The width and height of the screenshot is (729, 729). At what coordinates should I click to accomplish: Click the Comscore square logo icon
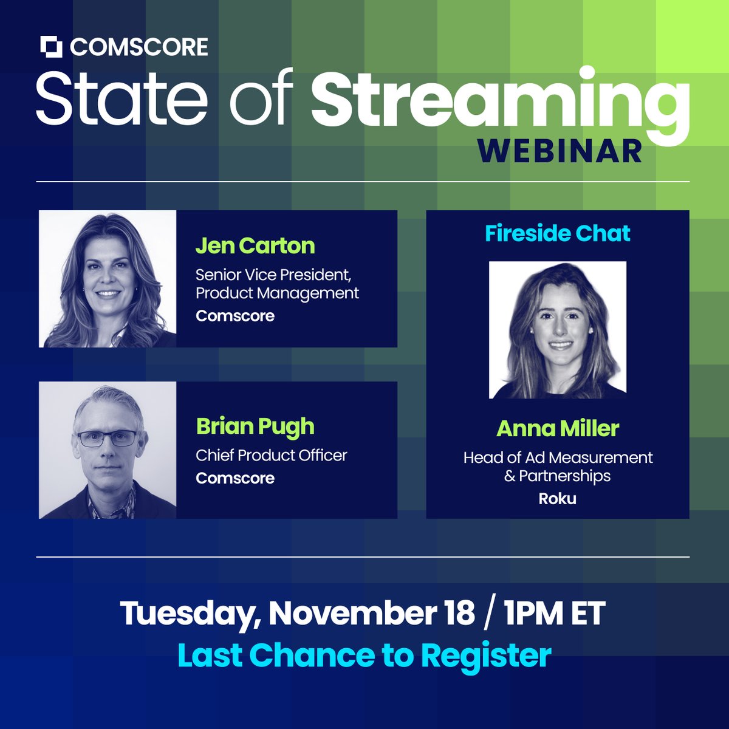point(52,47)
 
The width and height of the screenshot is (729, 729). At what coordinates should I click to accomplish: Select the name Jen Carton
point(255,245)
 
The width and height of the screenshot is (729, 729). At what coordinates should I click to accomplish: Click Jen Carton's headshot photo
point(108,279)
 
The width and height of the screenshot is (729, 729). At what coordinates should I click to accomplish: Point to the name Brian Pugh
point(255,426)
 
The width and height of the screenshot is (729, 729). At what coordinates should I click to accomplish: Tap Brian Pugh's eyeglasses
point(107,438)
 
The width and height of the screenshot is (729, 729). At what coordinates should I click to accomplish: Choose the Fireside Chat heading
point(558,233)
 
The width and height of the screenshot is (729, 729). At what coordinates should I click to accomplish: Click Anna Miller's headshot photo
point(558,330)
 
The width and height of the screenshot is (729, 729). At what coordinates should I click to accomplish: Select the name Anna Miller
point(558,429)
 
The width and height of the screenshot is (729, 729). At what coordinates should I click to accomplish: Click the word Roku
point(558,499)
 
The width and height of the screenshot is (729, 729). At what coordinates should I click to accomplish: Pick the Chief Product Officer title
point(272,455)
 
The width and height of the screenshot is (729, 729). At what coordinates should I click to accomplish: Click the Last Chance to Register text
point(364,655)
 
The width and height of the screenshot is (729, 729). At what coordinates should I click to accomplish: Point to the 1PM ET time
point(554,614)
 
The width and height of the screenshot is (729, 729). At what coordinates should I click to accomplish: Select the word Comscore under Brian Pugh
point(235,478)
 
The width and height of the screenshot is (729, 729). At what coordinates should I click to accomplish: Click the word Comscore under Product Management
point(235,316)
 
